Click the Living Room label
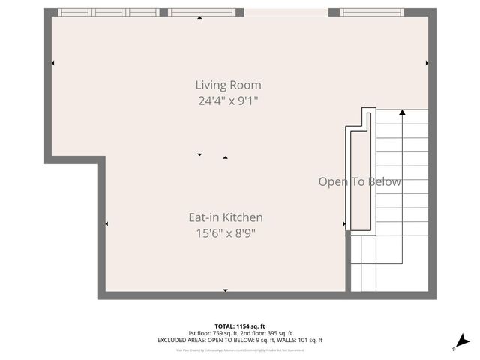(x=228, y=85)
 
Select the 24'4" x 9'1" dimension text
(x=228, y=100)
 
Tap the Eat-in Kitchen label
(x=225, y=217)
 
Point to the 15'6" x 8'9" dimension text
(x=225, y=232)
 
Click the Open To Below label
(x=359, y=182)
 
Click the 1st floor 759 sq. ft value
(x=212, y=333)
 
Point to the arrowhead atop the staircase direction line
(x=402, y=112)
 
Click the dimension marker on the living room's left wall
(x=52, y=63)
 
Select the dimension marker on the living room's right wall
(x=427, y=63)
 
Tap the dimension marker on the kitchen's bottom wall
(x=225, y=289)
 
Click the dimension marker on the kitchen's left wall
(x=106, y=223)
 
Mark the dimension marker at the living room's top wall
(x=199, y=17)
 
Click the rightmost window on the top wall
(x=371, y=12)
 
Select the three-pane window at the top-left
(x=109, y=12)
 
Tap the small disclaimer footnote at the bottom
(x=240, y=349)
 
